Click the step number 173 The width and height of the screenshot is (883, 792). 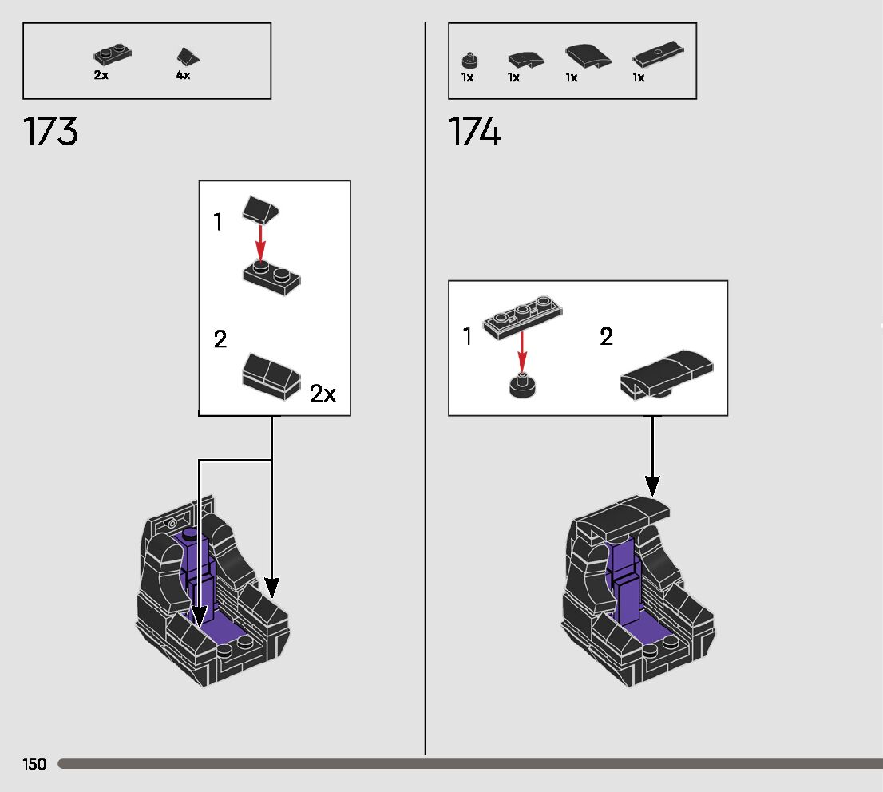[x=51, y=132]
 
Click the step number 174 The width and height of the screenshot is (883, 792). [x=475, y=132]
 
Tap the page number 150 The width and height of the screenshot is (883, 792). [x=34, y=765]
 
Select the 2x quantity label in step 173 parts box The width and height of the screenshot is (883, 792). [x=101, y=75]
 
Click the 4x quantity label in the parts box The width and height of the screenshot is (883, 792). [x=183, y=75]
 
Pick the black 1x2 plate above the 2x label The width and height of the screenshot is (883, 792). [x=112, y=56]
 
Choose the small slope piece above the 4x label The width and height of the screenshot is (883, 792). [x=188, y=57]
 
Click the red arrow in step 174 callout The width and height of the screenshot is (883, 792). [x=521, y=351]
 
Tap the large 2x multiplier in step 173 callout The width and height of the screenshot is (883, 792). [x=323, y=394]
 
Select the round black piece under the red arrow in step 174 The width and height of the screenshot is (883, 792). [x=522, y=386]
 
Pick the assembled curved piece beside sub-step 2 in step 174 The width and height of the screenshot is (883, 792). [x=667, y=373]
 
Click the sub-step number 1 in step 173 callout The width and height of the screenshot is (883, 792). [x=218, y=223]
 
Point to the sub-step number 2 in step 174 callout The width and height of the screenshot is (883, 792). [x=606, y=337]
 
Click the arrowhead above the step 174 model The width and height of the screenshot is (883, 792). [x=652, y=485]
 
